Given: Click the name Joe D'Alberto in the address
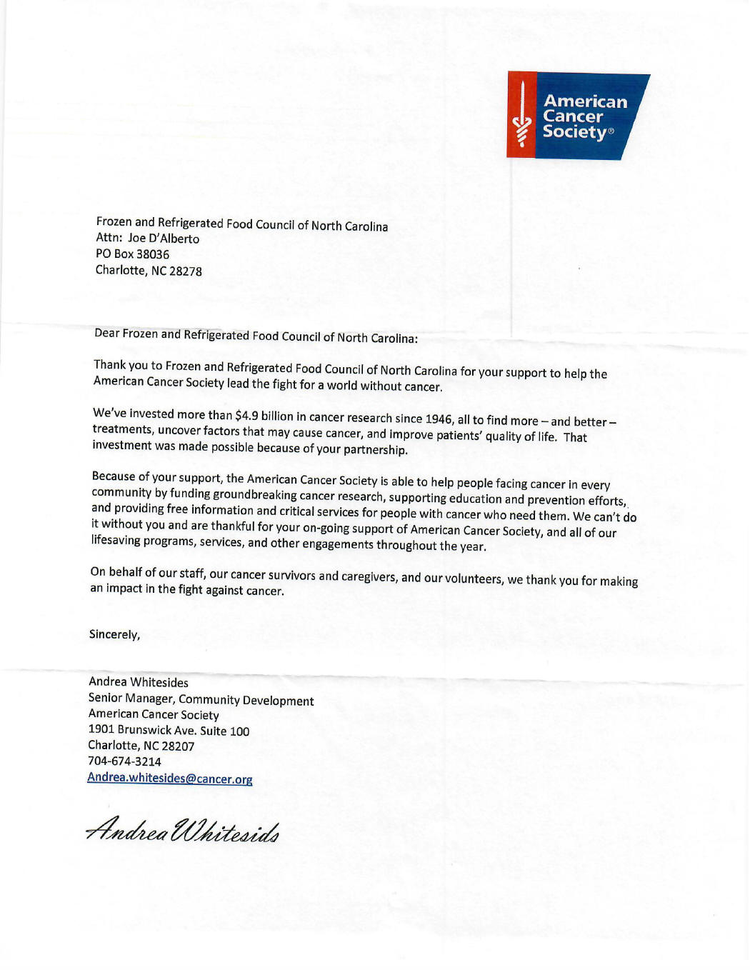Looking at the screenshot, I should pyautogui.click(x=164, y=239).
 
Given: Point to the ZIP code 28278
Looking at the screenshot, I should pyautogui.click(x=186, y=271).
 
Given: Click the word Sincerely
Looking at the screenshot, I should pyautogui.click(x=114, y=634).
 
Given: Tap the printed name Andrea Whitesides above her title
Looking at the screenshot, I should pyautogui.click(x=139, y=682).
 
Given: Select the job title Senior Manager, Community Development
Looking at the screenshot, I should pyautogui.click(x=201, y=699).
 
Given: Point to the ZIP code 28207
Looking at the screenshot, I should pyautogui.click(x=178, y=746).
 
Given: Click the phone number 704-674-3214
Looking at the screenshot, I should pyautogui.click(x=124, y=761).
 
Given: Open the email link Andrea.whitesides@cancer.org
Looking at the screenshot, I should pyautogui.click(x=170, y=778).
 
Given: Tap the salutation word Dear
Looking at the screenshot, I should pyautogui.click(x=106, y=333).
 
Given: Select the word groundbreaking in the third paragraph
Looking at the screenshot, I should pyautogui.click(x=254, y=494).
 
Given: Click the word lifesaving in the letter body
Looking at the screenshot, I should pyautogui.click(x=116, y=540).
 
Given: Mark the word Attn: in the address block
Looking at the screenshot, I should pyautogui.click(x=109, y=238).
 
